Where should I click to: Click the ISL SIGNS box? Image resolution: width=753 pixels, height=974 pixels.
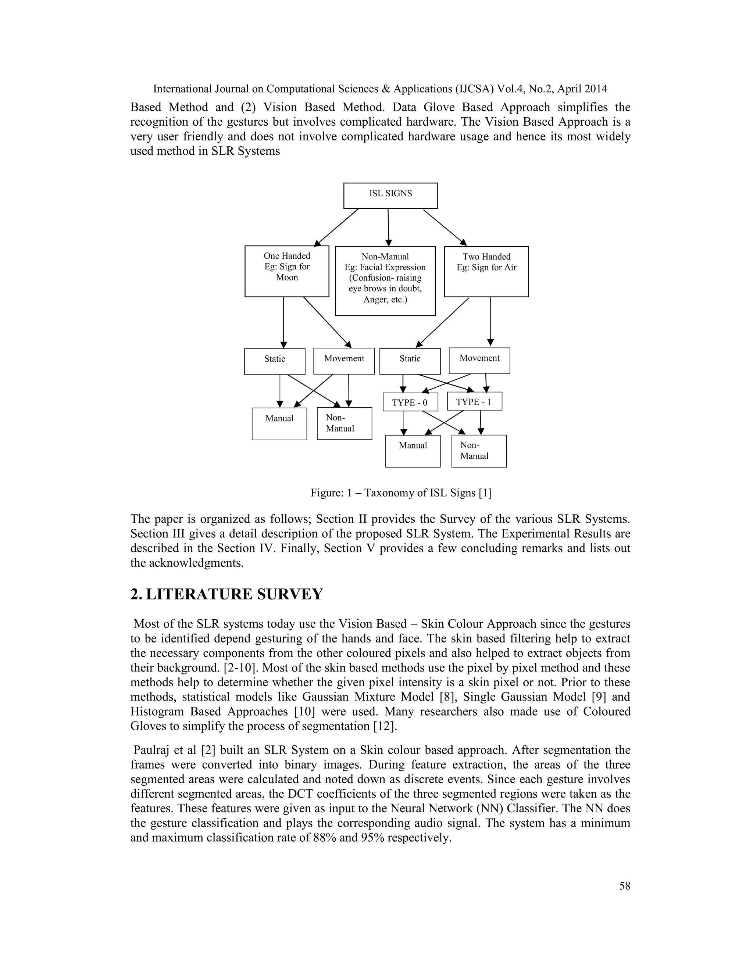[x=390, y=195]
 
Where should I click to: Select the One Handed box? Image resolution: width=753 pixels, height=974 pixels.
[x=286, y=271]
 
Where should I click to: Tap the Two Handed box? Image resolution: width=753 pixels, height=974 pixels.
[x=486, y=271]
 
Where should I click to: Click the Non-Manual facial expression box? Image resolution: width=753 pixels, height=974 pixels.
[x=385, y=280]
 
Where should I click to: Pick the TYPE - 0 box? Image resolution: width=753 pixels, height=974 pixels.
[x=410, y=402]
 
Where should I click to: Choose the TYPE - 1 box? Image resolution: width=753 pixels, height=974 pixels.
[x=474, y=401]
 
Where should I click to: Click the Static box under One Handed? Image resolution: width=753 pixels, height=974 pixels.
[x=274, y=361]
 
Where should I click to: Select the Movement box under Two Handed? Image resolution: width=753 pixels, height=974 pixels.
[x=479, y=360]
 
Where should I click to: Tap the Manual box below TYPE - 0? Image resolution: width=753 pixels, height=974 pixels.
[x=413, y=451]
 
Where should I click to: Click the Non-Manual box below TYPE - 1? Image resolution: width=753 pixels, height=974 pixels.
[x=479, y=451]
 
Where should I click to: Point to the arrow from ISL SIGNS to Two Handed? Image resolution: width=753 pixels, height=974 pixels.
[x=444, y=228]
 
